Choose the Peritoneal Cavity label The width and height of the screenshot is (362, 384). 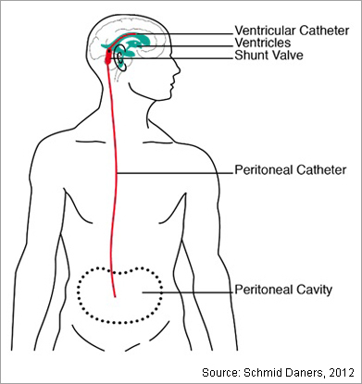[x=284, y=289]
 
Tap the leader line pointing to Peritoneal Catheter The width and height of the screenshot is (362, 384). [x=176, y=170]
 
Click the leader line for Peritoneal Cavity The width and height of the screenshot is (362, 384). [x=185, y=293]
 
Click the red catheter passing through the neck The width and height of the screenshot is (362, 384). [x=114, y=111]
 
